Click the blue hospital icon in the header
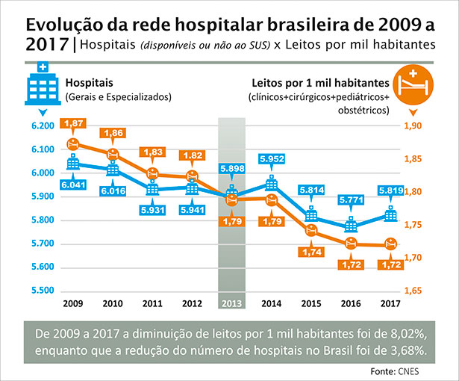pyautogui.click(x=38, y=85)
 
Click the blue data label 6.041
pyautogui.click(x=73, y=185)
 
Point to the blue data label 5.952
pyautogui.click(x=272, y=159)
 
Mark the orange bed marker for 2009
pyautogui.click(x=73, y=143)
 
